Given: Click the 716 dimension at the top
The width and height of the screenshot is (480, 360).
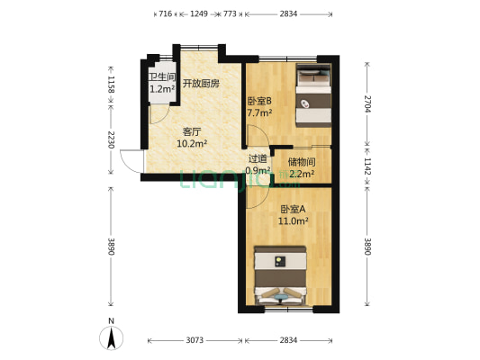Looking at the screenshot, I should [164, 14].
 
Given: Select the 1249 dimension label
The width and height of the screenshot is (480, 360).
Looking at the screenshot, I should [199, 14].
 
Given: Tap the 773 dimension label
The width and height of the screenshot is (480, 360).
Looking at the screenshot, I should [230, 14].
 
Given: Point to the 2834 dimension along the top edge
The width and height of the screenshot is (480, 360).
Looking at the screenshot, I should [289, 14].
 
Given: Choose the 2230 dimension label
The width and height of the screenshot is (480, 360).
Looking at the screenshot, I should [111, 139].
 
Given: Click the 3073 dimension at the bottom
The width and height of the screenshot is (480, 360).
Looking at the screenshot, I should [195, 339].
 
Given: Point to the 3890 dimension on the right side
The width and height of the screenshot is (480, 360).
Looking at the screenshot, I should [367, 246].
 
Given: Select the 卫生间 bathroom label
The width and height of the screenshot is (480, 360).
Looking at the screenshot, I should [162, 77].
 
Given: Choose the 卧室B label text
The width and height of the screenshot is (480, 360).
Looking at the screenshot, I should [259, 102].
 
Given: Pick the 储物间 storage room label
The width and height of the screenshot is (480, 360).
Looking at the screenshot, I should [300, 161].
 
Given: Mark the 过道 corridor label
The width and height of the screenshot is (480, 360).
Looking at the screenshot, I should [258, 159].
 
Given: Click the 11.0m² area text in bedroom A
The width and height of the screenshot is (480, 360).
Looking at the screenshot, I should [294, 220].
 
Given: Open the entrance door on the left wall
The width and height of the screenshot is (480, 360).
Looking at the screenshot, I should [131, 162].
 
